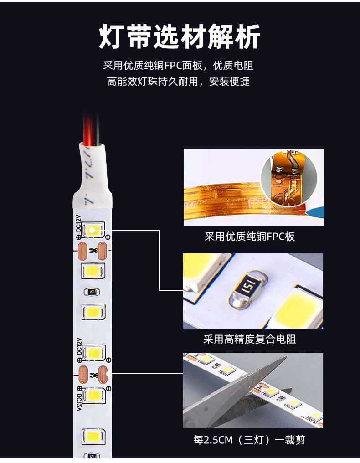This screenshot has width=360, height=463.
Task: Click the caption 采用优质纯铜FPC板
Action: [250, 237]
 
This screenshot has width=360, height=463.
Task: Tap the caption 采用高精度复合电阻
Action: [250, 340]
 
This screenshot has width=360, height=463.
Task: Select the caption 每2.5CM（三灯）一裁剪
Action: [249, 440]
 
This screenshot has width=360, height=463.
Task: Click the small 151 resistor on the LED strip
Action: [93, 292]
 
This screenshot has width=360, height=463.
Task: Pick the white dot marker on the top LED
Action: [91, 230]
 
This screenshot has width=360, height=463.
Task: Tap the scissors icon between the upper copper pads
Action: [93, 250]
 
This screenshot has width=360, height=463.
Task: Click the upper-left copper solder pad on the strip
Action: [83, 250]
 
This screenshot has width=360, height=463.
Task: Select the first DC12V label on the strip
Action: [78, 224]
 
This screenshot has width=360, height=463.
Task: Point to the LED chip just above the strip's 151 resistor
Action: [93, 271]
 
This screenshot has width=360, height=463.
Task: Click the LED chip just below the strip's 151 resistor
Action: [93, 312]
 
